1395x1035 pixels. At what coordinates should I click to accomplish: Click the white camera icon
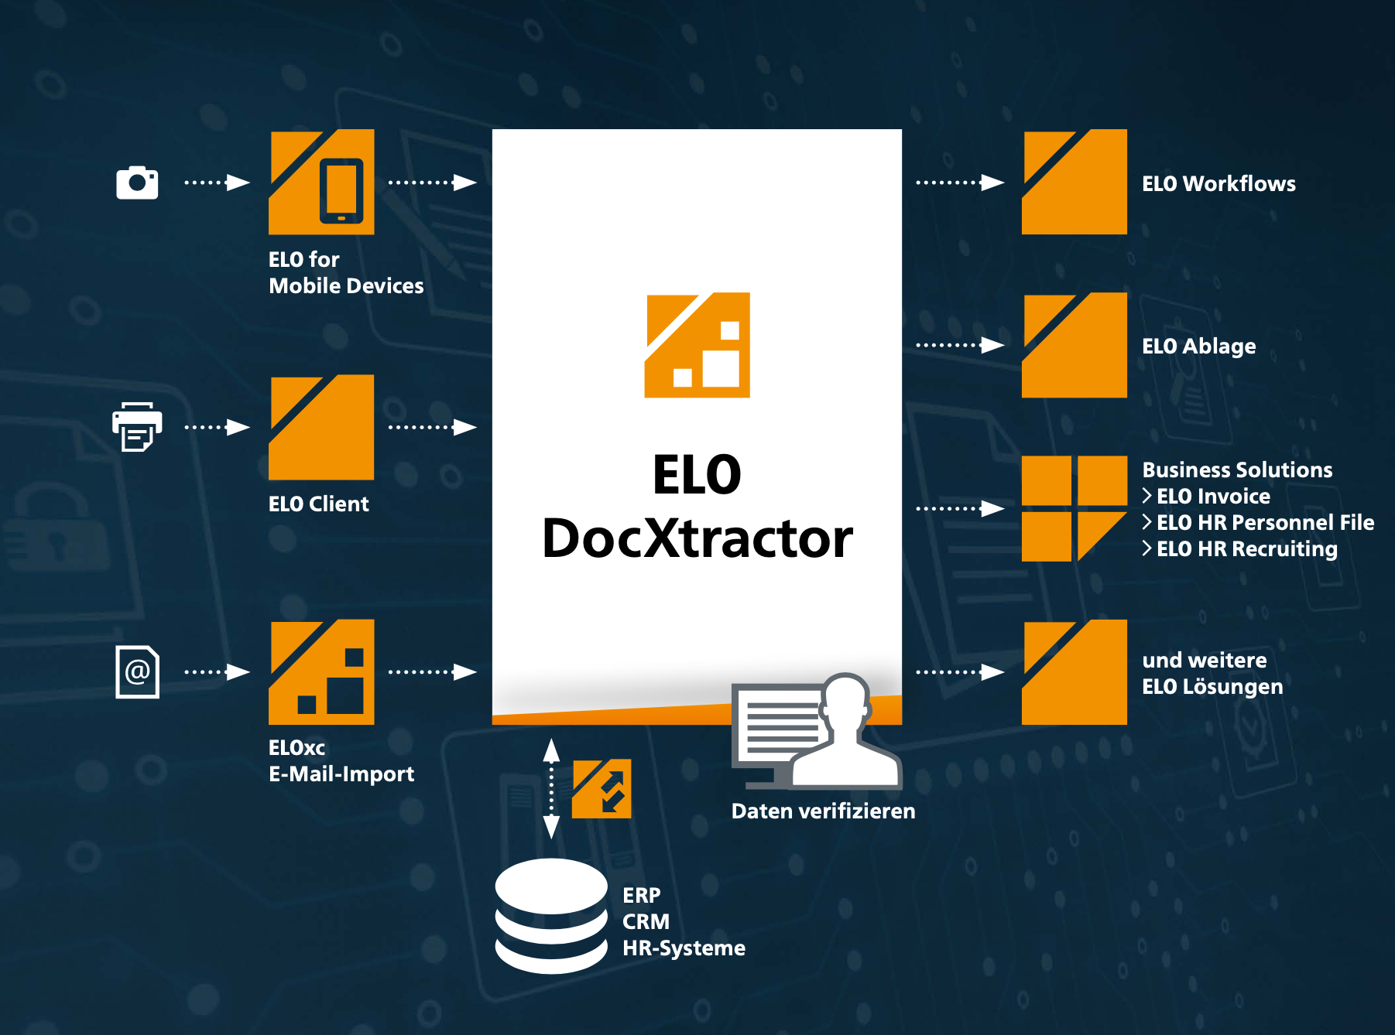click(x=137, y=183)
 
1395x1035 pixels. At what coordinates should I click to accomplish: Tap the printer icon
click(x=137, y=426)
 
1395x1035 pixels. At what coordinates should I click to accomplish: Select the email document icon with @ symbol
click(x=138, y=671)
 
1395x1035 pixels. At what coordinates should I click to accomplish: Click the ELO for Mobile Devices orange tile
click(x=321, y=182)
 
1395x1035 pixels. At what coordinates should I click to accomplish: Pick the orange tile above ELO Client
click(x=321, y=427)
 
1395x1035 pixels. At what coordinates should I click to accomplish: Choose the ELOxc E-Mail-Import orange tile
click(x=321, y=671)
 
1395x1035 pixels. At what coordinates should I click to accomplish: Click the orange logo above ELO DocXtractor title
click(x=697, y=345)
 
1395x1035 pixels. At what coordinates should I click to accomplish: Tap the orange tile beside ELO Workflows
click(x=1074, y=182)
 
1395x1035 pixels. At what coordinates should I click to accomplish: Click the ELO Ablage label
click(x=1198, y=346)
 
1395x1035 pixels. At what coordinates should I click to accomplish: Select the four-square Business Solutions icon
click(x=1074, y=508)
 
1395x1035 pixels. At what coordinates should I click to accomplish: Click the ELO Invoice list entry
click(x=1212, y=496)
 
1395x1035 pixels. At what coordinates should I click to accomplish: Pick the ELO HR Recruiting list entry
click(x=1246, y=548)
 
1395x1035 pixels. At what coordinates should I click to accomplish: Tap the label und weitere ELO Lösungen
click(x=1212, y=673)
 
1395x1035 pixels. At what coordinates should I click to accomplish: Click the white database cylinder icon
click(x=551, y=916)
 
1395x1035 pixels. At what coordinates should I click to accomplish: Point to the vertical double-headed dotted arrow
click(x=551, y=788)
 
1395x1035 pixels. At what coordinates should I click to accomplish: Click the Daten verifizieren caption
click(x=823, y=811)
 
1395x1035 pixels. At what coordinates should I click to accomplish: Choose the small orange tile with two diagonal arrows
click(x=602, y=788)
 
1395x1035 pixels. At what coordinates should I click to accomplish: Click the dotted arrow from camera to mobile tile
click(x=217, y=183)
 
